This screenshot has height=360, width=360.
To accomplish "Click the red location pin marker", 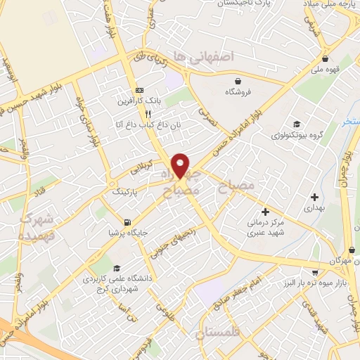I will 181,165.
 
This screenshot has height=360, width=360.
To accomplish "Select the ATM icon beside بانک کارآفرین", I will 139,91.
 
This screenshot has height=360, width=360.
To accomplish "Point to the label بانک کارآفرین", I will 139,101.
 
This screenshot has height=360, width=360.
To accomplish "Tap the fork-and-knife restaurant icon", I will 148,113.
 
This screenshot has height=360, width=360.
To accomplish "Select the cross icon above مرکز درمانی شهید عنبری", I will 265,211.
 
